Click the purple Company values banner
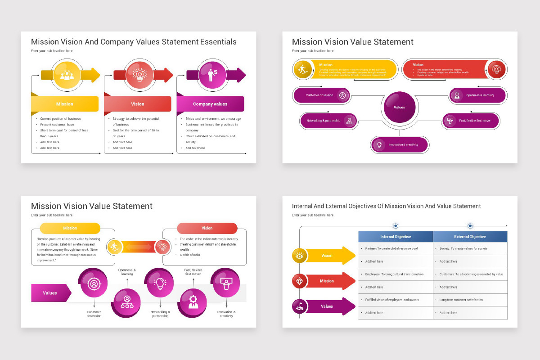[210, 104]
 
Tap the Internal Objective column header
[396, 237]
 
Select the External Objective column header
[470, 237]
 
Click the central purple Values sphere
[400, 107]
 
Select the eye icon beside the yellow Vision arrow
[300, 256]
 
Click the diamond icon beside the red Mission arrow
[300, 281]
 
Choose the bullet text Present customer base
[57, 125]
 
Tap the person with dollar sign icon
[211, 74]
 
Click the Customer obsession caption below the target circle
[94, 314]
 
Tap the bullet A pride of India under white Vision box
[190, 255]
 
